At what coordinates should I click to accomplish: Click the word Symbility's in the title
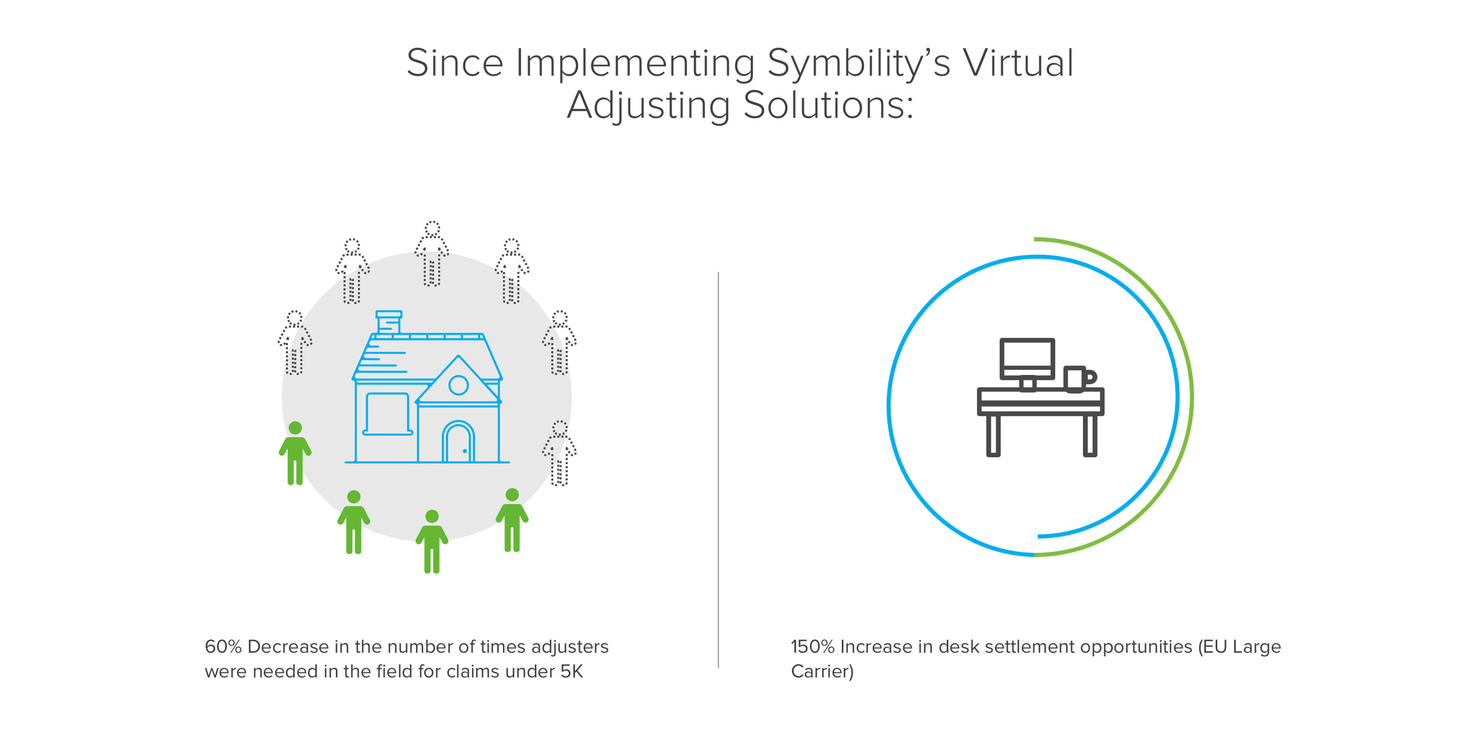(858, 63)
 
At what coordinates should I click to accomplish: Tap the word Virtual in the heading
(1017, 62)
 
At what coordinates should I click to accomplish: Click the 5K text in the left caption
(572, 672)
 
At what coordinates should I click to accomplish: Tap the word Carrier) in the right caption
(822, 672)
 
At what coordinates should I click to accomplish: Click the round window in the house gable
(458, 385)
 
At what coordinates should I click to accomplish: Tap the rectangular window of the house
(387, 413)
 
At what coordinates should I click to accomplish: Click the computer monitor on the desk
(1027, 358)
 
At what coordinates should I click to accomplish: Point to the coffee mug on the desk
(1076, 379)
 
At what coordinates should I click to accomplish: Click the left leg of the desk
(993, 435)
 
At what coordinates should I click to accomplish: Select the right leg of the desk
(1089, 435)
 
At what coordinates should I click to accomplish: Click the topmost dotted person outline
(432, 254)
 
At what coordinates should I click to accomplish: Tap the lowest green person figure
(432, 541)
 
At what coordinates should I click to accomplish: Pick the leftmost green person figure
(295, 453)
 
